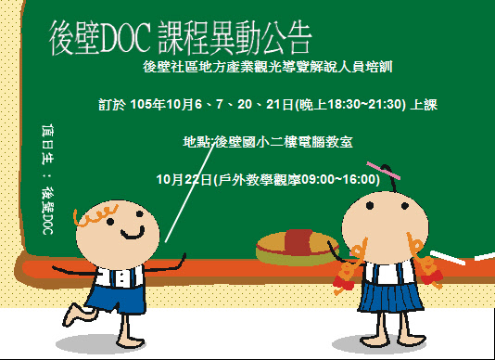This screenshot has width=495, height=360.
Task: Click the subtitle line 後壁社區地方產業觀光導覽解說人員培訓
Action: pos(296,67)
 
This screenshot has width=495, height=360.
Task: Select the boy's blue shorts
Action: pos(107,299)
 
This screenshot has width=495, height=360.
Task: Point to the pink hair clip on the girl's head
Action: pos(383,170)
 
